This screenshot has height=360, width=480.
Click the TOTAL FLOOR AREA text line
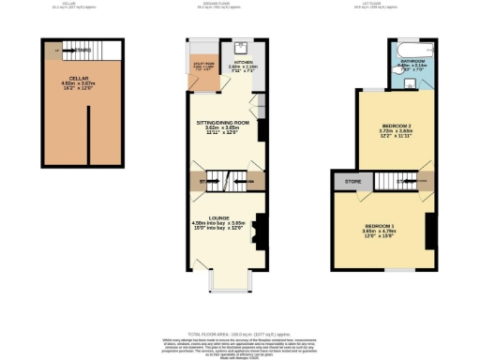[239, 334]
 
